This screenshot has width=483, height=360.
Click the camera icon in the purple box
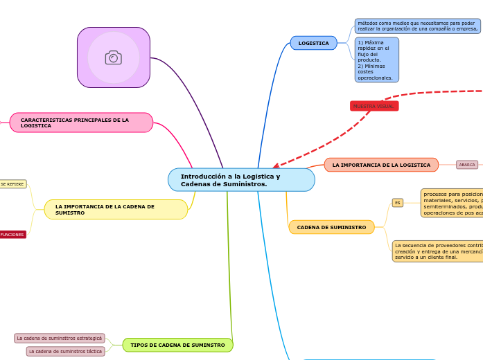point(114,57)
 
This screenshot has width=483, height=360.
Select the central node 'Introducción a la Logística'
point(241,180)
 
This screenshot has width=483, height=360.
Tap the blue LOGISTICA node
point(313,43)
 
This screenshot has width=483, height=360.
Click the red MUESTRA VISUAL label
point(374,106)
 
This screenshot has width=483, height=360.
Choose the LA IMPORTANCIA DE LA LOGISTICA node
point(381,165)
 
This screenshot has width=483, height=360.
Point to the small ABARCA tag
point(467,165)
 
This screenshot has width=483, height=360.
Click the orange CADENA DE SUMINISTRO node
point(331,227)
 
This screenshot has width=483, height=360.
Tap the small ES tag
point(398,203)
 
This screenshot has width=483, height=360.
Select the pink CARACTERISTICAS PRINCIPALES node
point(81,123)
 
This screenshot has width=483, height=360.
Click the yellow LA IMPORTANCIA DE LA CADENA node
point(116,210)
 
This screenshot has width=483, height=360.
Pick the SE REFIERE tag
point(12,184)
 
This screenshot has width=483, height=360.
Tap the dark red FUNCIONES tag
point(12,235)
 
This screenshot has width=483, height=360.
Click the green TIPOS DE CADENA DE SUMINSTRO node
point(177,345)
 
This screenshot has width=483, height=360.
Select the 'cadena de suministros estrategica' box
point(60,339)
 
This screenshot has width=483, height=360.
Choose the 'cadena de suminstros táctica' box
point(66,352)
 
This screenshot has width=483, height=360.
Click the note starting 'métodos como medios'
point(417,26)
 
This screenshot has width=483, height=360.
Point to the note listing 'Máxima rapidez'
point(376,60)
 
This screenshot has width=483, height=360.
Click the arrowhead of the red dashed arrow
point(276,166)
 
